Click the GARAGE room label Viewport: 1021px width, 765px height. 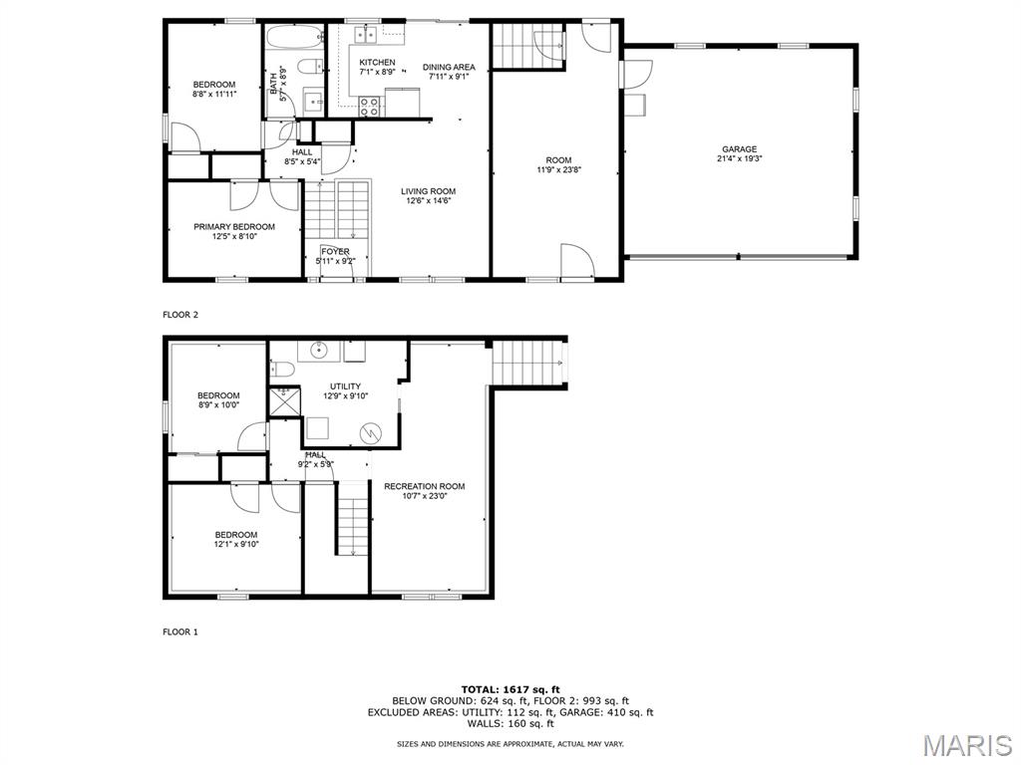coord(739,149)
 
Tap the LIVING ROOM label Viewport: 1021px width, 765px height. coord(428,191)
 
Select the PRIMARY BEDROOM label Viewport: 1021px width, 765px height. coord(234,227)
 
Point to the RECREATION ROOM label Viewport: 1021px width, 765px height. coord(425,486)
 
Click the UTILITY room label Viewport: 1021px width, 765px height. coord(345,386)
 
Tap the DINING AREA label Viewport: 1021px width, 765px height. coord(449,67)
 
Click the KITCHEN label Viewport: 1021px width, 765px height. coord(377,63)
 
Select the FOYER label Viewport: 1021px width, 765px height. coord(335,252)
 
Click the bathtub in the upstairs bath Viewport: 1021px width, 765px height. coord(295,35)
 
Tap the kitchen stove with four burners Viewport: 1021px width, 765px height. coord(370,106)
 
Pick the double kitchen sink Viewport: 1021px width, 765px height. coord(366,35)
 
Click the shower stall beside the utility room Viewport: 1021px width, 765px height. coord(284,401)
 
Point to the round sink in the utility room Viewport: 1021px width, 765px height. coord(319,350)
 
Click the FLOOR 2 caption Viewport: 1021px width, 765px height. coord(180,315)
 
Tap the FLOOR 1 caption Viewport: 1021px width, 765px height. coord(180,632)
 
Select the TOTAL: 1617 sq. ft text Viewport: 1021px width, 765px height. coord(510,689)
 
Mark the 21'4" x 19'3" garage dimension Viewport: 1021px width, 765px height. coord(739,158)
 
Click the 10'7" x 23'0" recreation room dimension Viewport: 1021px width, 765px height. coord(425,496)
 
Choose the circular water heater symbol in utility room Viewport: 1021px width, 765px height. coord(371,432)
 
